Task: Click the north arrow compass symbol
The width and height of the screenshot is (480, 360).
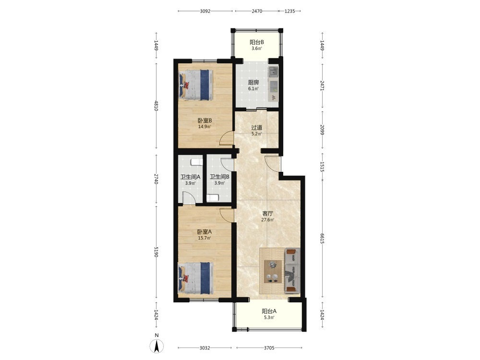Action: pyautogui.click(x=156, y=346)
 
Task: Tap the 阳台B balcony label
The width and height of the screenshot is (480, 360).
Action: pyautogui.click(x=256, y=42)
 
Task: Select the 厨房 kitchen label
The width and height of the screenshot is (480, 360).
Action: pyautogui.click(x=253, y=83)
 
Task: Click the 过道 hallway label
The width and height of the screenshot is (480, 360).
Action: pyautogui.click(x=256, y=128)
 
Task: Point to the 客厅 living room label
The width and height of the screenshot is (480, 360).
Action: pyautogui.click(x=267, y=214)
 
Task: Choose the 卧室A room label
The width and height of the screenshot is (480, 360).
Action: pyautogui.click(x=204, y=232)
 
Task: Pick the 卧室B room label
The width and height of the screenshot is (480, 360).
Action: pyautogui.click(x=204, y=120)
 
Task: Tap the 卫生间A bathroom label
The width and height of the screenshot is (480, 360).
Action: pyautogui.click(x=190, y=177)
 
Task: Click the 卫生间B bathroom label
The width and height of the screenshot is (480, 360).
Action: pyautogui.click(x=219, y=177)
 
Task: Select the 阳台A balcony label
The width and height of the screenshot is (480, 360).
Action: pyautogui.click(x=269, y=311)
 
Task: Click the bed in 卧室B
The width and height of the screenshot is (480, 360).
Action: pyautogui.click(x=196, y=85)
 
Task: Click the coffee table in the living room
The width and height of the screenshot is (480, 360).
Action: pyautogui.click(x=273, y=272)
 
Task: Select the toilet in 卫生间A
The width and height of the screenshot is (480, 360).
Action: pyautogui.click(x=196, y=162)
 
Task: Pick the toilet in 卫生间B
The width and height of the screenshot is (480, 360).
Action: pyautogui.click(x=213, y=198)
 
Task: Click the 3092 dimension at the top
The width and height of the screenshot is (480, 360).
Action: pyautogui.click(x=205, y=11)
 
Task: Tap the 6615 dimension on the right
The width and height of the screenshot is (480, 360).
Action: pyautogui.click(x=322, y=239)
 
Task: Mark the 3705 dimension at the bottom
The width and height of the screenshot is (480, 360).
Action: pyautogui.click(x=269, y=348)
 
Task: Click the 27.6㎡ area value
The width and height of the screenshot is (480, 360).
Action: pyautogui.click(x=267, y=220)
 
